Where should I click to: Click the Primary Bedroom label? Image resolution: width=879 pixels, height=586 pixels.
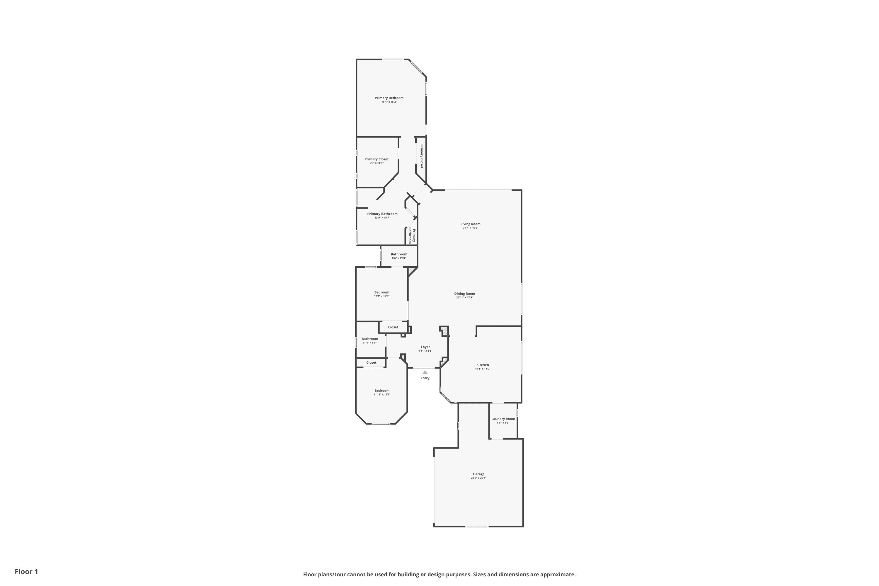[x=389, y=98]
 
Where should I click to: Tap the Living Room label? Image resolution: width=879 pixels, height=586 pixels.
[x=470, y=224]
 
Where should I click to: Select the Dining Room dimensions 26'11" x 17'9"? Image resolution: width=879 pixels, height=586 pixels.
[x=464, y=297]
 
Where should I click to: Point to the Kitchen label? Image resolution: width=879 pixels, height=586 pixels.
[x=483, y=365]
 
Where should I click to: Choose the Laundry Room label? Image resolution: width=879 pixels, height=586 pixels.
[x=503, y=419]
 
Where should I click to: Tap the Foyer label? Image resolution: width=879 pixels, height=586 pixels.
[x=425, y=347]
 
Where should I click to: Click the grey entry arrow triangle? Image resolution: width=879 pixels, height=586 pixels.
[x=425, y=372]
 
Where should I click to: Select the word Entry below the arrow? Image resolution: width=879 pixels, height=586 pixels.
[x=425, y=378]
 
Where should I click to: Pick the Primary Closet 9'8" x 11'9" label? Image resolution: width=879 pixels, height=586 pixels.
[x=376, y=161]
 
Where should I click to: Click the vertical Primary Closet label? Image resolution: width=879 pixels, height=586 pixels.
[x=422, y=156]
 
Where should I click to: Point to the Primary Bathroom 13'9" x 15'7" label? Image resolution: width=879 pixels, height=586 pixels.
[x=382, y=216]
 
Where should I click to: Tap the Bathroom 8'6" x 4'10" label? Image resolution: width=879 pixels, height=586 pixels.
[x=399, y=256]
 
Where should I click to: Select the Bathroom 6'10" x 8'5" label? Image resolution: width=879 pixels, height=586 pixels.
[x=369, y=340]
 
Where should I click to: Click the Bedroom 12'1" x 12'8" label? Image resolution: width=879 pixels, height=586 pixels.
[x=381, y=294]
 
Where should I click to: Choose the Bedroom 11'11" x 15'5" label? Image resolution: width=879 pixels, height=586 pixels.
[x=382, y=392]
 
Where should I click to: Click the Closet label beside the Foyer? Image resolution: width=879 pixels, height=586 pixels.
[x=393, y=327]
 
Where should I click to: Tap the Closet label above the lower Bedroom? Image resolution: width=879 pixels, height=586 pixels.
[x=371, y=362]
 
